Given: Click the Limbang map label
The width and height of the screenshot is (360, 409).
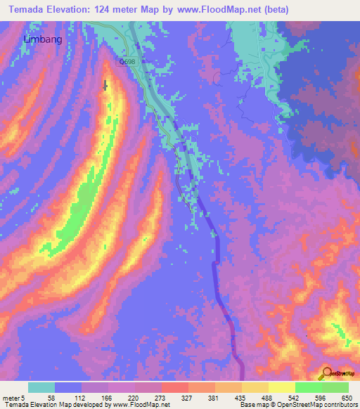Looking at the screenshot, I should click(43, 39).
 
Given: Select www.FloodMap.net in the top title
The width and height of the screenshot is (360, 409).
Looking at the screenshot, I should click(212, 10).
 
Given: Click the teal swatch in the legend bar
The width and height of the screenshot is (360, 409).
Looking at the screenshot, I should click(41, 387).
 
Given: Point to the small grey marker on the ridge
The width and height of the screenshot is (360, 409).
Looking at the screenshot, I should click(106, 85).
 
